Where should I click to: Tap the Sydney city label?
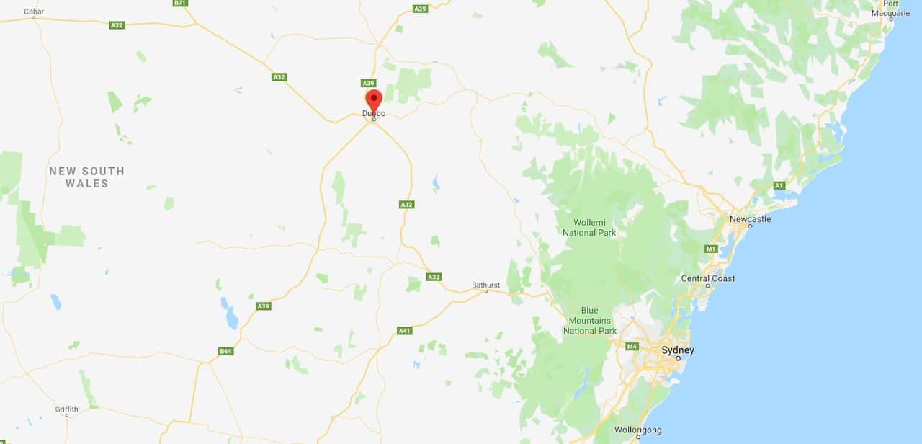678,350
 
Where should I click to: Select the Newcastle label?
750,218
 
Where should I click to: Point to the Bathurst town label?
485,285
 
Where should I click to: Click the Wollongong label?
637,430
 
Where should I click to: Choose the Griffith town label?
66,409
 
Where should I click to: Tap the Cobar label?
34,12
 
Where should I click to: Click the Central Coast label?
708,278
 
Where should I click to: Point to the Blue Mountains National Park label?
590,321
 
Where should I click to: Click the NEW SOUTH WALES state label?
86,177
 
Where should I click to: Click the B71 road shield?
180,3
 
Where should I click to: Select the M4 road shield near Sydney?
632,347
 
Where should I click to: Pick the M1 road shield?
711,249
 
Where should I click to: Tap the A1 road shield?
779,185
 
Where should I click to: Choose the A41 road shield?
405,331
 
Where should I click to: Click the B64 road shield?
225,351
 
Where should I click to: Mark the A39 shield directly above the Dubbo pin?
368,83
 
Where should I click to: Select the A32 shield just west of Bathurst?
433,277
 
